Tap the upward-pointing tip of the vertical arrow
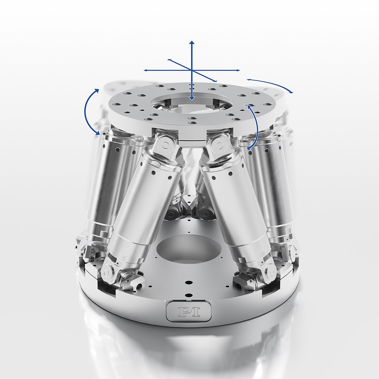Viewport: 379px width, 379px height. click(192, 41)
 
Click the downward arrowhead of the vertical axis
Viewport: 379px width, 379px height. click(192, 99)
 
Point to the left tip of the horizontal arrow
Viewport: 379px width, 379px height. click(144, 70)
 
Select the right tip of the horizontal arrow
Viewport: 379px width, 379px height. click(239, 70)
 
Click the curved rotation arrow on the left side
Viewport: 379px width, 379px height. click(90, 112)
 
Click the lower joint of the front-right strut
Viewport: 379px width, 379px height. click(270, 270)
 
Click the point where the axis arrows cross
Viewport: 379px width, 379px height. click(192, 70)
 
